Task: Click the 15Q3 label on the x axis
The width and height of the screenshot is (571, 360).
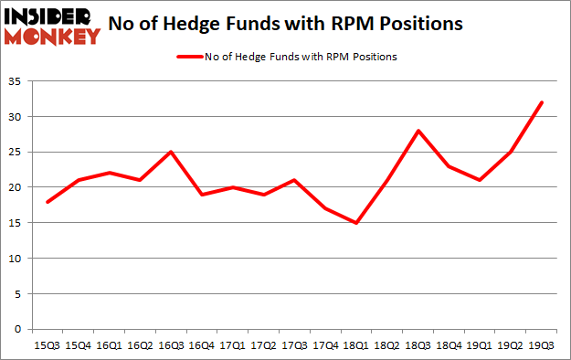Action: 47,345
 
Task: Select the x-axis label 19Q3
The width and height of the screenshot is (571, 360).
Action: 542,345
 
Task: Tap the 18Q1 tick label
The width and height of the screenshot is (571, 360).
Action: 356,345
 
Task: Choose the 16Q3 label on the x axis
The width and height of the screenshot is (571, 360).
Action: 171,345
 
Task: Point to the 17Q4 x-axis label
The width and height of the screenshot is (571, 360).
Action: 325,345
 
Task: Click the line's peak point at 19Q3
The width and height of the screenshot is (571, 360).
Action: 542,102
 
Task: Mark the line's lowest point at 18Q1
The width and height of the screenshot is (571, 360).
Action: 356,223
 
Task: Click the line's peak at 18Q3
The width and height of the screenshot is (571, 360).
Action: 418,131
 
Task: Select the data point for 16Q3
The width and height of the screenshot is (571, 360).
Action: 171,152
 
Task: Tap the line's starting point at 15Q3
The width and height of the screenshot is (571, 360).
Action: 47,202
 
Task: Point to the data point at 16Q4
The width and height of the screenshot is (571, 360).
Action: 202,195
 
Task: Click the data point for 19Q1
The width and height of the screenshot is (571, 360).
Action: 480,180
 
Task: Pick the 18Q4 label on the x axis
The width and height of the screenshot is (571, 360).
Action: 449,345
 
